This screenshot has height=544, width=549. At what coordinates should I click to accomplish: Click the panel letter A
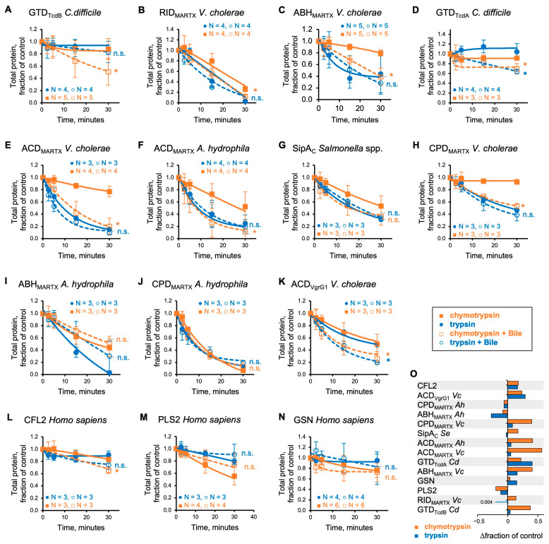coord(8,9)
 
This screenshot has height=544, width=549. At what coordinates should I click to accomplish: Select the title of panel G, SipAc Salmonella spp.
coord(337,148)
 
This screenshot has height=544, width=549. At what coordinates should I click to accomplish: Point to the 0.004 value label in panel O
coord(486,502)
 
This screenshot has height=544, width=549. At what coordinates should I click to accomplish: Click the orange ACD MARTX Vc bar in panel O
coord(524,450)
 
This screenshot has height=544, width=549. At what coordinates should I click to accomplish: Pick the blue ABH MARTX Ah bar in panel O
coord(500,416)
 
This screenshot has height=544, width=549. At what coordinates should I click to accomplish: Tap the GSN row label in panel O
coord(426,481)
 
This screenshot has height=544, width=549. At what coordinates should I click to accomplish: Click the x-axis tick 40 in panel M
coord(253,516)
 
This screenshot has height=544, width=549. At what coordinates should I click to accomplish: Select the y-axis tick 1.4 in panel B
coord(170,29)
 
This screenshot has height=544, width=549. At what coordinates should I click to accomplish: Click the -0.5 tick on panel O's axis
coord(481,521)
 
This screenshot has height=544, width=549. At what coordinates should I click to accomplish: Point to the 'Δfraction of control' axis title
coord(511,536)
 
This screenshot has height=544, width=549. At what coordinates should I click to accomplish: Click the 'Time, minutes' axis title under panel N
coord(349,528)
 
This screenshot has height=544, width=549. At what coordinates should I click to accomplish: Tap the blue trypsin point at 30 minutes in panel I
coord(109,372)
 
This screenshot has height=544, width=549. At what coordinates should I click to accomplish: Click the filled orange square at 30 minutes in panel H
coord(517,182)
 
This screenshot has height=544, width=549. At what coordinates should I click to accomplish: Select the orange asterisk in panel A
coord(116,71)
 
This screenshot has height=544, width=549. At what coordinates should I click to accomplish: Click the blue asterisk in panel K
coord(388,361)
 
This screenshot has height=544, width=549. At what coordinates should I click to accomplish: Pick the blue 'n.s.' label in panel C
coord(392,85)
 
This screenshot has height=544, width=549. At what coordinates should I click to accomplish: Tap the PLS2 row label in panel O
coord(427,490)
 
